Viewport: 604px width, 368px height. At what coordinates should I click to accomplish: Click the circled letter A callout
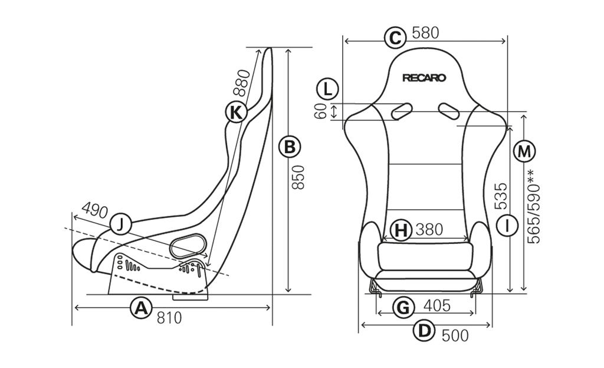pos(141,307)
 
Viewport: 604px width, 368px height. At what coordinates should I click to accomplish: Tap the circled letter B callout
pos(290,147)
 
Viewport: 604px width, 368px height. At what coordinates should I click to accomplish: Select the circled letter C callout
pos(395,38)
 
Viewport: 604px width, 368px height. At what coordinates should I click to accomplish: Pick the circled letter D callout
pos(424,331)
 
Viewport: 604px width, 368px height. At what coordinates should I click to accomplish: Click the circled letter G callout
pos(403,307)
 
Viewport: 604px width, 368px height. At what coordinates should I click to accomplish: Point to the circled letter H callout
pos(401,230)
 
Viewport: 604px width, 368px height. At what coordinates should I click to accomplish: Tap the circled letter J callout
pos(121,224)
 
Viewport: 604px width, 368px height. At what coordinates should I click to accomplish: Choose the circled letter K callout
pos(236,112)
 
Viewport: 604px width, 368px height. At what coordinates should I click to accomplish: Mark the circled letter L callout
pos(327,89)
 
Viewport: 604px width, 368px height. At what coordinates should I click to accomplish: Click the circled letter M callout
pos(524,151)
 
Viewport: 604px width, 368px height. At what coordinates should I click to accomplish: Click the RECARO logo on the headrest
pos(424,78)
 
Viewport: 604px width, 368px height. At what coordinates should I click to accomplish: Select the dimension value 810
pos(169,318)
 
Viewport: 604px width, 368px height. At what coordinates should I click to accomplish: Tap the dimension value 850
pos(298,177)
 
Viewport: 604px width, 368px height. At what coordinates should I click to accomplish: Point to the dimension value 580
pos(425,33)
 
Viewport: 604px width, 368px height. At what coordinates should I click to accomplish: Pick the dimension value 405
pos(437,306)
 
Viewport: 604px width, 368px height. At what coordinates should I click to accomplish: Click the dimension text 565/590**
pos(533,207)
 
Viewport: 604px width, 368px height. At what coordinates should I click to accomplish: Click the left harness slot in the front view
pos(402,110)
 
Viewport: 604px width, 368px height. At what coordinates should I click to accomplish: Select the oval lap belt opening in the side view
pos(187,246)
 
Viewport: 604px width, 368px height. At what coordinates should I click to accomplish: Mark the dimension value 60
pos(321,111)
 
